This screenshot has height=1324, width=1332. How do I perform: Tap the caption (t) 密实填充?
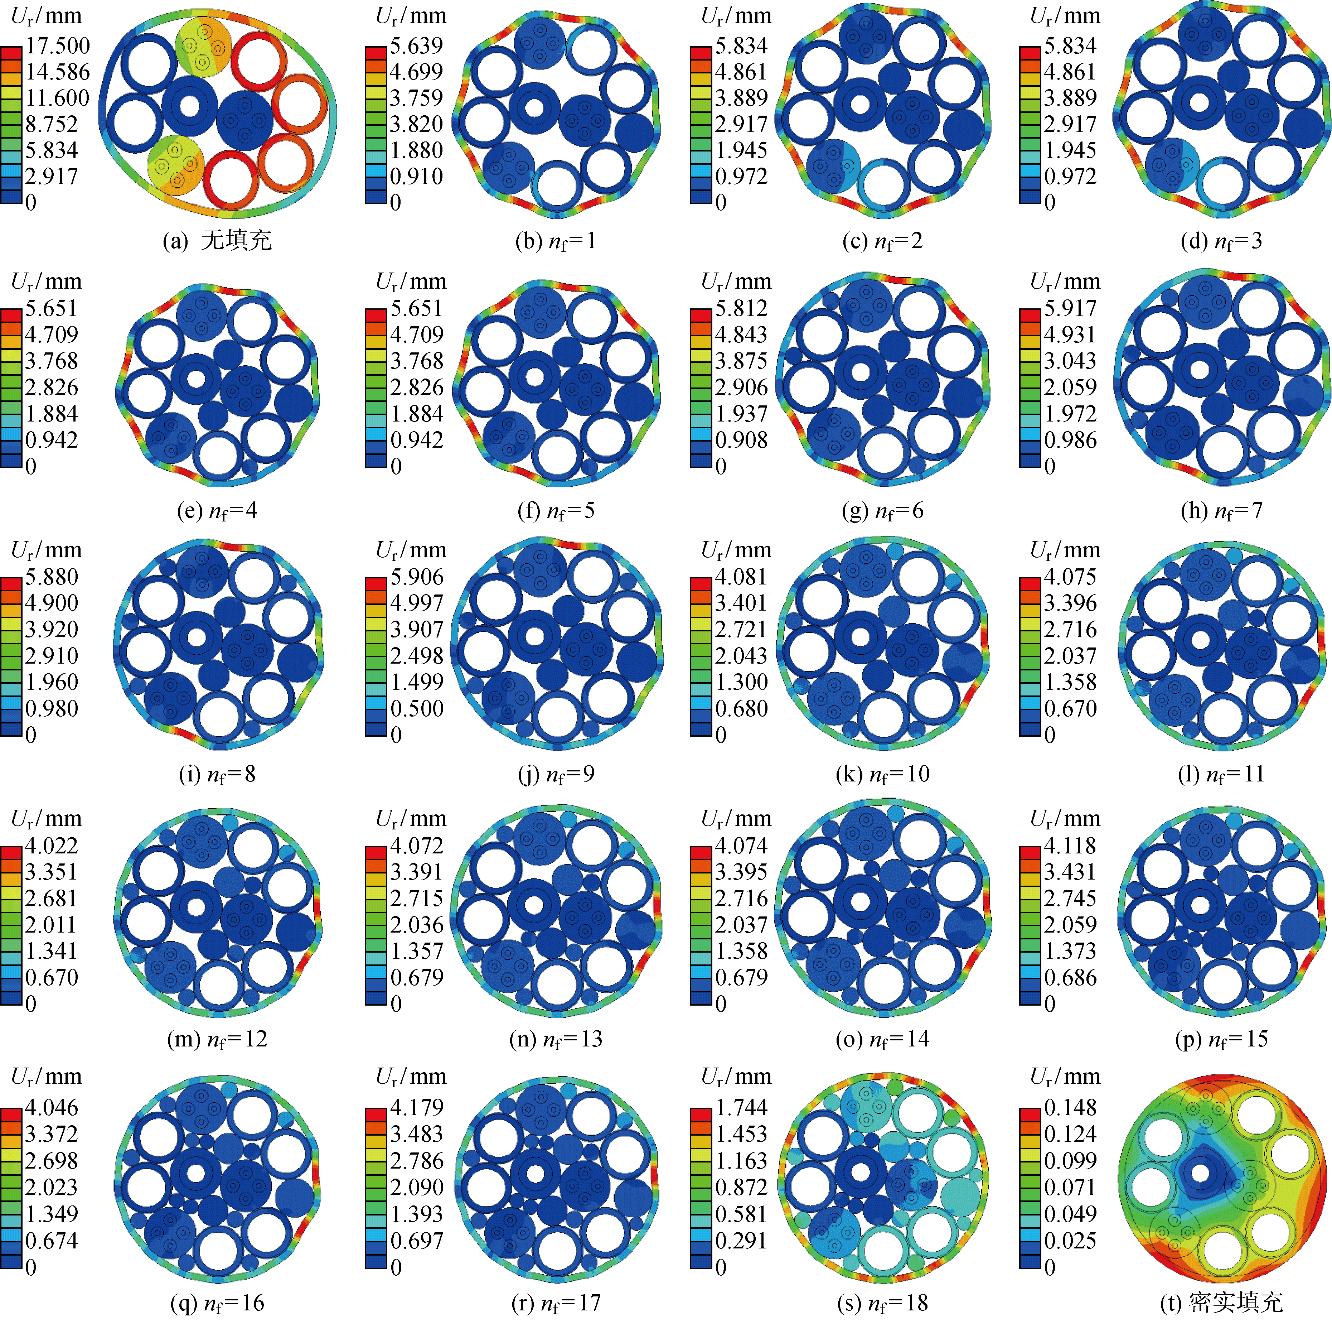point(1222,1302)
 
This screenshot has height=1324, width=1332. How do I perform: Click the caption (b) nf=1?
point(556,241)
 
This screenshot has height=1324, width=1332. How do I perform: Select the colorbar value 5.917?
point(1070,308)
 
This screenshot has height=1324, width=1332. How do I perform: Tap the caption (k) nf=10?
point(882,774)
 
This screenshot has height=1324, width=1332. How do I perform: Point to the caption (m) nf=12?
point(217,1039)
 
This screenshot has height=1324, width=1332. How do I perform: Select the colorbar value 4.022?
point(52,846)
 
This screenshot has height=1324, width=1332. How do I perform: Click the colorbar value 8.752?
point(52,124)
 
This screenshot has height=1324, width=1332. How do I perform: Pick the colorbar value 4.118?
point(1070,846)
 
